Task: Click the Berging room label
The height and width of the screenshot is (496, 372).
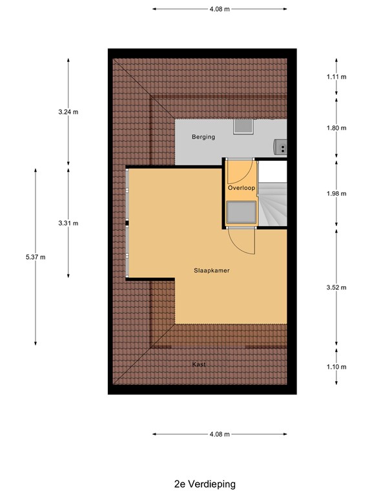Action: click(203, 137)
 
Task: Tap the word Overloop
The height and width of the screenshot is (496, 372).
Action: click(242, 188)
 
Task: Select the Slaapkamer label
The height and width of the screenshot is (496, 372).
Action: click(212, 271)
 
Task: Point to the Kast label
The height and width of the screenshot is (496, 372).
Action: click(199, 365)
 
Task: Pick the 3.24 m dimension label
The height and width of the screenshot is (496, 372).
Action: click(68, 112)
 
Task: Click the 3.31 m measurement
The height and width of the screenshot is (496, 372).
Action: click(68, 223)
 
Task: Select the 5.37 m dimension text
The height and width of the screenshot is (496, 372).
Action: click(36, 257)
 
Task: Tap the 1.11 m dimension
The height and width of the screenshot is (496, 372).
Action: click(336, 77)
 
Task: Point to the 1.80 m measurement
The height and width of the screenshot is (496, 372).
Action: click(336, 128)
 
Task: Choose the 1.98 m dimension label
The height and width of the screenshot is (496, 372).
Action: click(336, 194)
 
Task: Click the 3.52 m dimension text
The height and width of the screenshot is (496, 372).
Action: click(336, 287)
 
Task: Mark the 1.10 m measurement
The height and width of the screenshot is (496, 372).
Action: click(336, 367)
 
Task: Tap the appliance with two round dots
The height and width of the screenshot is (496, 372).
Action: click(281, 147)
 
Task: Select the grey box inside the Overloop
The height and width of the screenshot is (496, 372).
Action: click(240, 211)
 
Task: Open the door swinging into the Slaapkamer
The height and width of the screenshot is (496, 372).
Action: click(243, 242)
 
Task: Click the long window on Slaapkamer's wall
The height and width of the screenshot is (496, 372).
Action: click(128, 223)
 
